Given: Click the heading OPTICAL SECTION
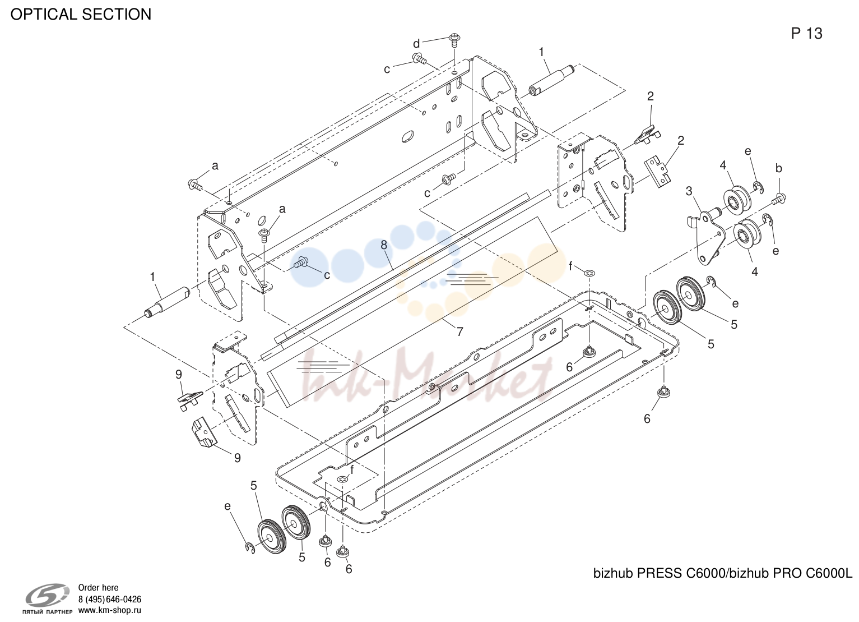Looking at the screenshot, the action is [81, 15].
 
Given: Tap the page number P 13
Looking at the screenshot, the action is [806, 34].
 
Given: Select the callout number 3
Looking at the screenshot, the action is [689, 191].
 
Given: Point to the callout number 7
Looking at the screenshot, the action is [459, 331].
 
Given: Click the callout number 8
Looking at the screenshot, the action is [384, 245].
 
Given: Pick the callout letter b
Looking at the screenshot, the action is [779, 168].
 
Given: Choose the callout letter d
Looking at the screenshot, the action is [416, 44].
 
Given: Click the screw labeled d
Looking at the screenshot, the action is [454, 40].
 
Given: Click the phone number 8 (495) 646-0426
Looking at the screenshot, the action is [110, 600].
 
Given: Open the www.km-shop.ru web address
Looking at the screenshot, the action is [110, 610].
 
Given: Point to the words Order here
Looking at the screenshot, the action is [98, 588].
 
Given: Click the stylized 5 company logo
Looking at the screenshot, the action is [48, 595].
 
